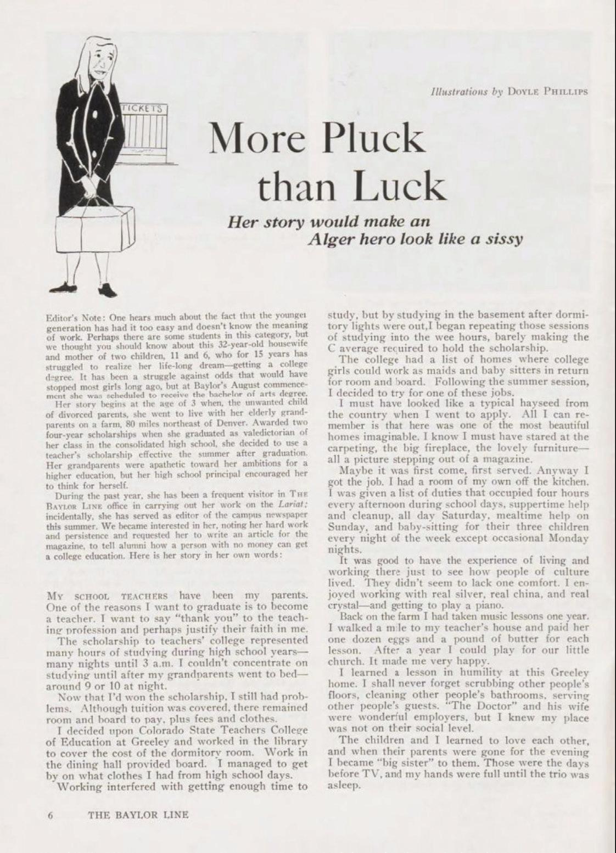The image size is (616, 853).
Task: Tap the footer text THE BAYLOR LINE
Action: click(x=138, y=815)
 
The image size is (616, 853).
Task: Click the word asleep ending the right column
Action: click(x=341, y=785)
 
